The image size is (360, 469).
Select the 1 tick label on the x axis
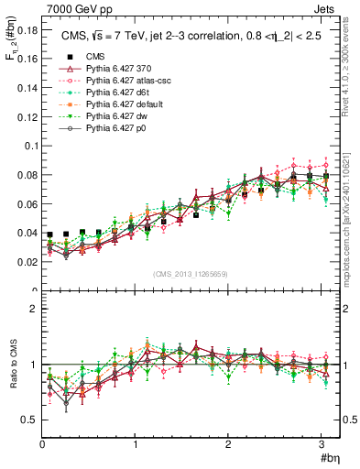pyautogui.click(x=136, y=444)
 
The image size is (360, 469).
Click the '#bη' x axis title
pyautogui.click(x=329, y=457)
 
